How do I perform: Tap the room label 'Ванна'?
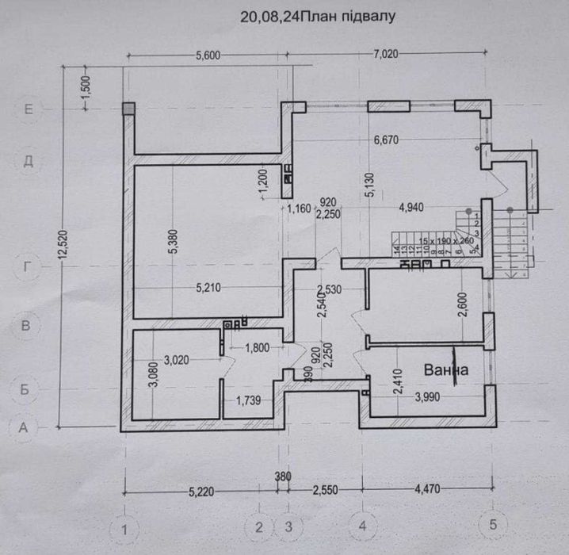[446, 370]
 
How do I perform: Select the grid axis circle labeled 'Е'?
[29, 110]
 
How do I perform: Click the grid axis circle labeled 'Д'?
[29, 160]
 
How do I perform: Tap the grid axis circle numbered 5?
[495, 525]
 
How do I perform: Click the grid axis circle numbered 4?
[362, 526]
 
